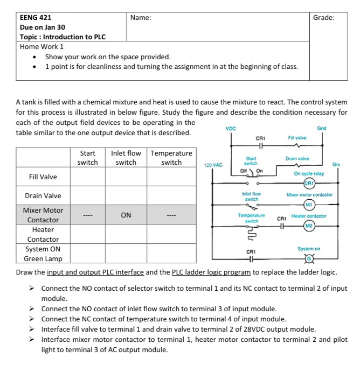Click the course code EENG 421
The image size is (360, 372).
pos(36,17)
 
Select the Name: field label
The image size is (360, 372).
pos(141,17)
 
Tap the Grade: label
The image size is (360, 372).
pos(323,17)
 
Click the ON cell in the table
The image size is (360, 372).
pos(126,215)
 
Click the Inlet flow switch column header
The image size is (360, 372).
pos(126,158)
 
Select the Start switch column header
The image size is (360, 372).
pos(88,158)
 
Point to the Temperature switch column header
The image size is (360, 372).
pos(171,158)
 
